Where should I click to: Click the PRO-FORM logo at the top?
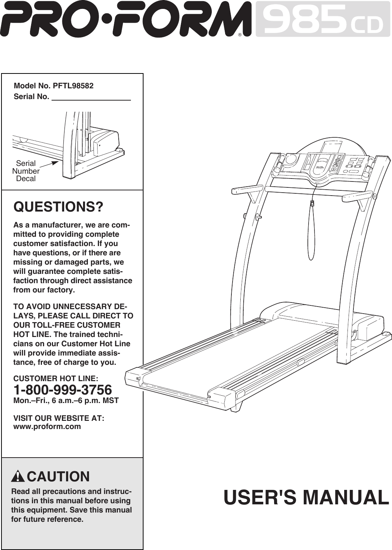pyautogui.click(x=122, y=19)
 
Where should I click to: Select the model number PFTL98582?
pyautogui.click(x=73, y=86)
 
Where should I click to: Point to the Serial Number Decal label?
pyautogui.click(x=26, y=171)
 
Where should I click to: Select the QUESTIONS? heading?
pyautogui.click(x=58, y=207)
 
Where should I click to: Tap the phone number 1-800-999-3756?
pyautogui.click(x=62, y=390)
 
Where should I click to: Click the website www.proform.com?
pyautogui.click(x=47, y=426)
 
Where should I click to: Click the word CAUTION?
pyautogui.click(x=58, y=477)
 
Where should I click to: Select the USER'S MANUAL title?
pyautogui.click(x=306, y=498)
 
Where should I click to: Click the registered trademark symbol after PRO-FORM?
pyautogui.click(x=240, y=35)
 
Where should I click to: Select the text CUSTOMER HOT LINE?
pyautogui.click(x=56, y=379)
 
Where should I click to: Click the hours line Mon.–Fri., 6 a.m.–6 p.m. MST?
pyautogui.click(x=66, y=401)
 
